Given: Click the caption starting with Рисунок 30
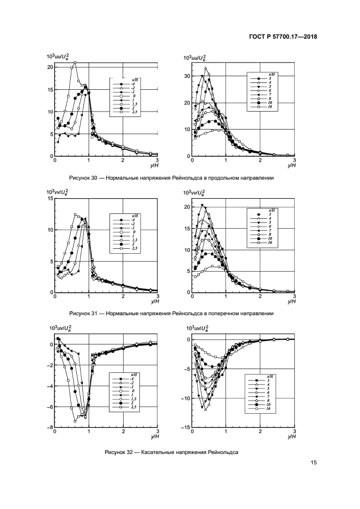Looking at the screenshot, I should click(172, 178).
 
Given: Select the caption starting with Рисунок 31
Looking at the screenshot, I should click(172, 314).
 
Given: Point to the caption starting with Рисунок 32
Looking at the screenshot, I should click(172, 452).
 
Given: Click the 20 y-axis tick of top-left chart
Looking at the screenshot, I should click(50, 67).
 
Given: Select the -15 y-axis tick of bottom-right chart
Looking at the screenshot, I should click(186, 428).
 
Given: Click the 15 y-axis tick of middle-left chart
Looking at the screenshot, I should click(50, 199).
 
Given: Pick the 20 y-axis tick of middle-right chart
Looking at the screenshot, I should click(187, 207).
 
